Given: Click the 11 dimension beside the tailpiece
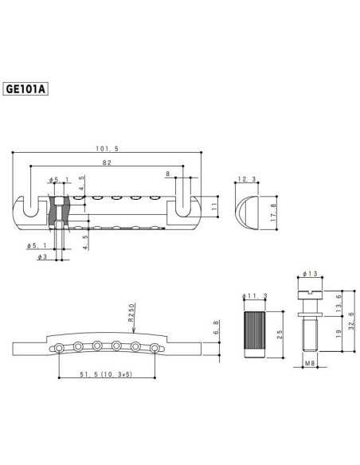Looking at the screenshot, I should click(213, 205).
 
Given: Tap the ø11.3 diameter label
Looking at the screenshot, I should click(253, 295).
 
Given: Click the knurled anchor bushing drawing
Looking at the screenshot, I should click(253, 331).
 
